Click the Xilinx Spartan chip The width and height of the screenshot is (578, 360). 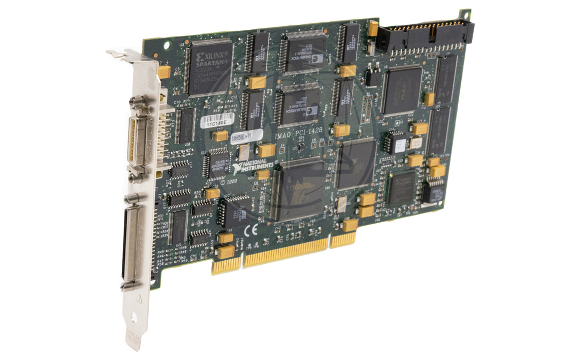[x=208, y=67]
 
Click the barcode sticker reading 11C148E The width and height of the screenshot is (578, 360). [x=216, y=121]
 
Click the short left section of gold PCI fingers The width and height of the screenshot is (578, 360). [x=226, y=265]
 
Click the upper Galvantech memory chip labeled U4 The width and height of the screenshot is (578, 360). [x=304, y=51]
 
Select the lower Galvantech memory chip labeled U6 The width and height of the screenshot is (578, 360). [x=298, y=105]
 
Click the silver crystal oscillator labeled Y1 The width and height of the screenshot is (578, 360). [x=244, y=152]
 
